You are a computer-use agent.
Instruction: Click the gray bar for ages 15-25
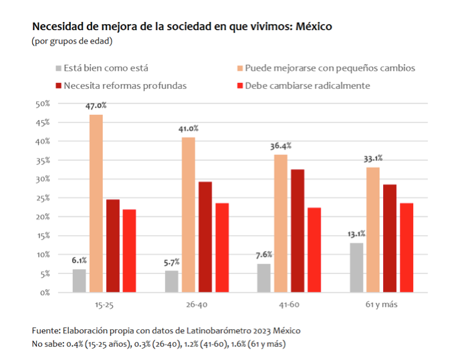(x=80, y=281)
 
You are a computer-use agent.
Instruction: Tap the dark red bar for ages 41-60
(x=297, y=230)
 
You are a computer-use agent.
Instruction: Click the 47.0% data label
(x=96, y=106)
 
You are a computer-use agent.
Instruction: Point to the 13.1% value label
(x=356, y=234)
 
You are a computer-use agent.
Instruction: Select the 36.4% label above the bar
(x=280, y=146)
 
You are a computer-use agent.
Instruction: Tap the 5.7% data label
(x=171, y=262)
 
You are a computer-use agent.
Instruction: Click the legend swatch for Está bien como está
(x=58, y=68)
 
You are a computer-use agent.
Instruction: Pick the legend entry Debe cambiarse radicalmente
(x=307, y=85)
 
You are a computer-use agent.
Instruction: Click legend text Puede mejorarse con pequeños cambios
(x=330, y=68)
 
